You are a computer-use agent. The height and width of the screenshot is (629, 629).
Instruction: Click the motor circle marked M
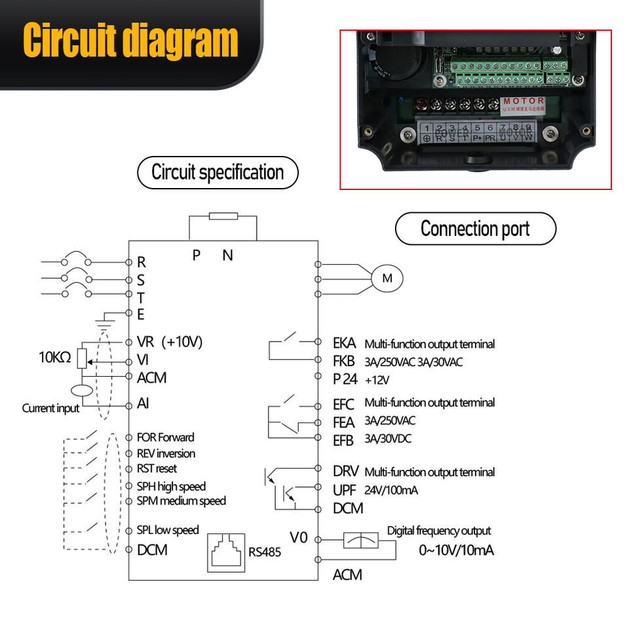(x=387, y=278)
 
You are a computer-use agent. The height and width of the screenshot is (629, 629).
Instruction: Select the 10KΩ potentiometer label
(x=55, y=358)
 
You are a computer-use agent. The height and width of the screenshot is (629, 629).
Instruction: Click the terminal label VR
(x=145, y=342)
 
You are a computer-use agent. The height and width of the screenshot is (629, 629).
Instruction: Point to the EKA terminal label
(x=344, y=343)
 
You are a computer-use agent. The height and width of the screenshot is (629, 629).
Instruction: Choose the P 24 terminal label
(x=345, y=378)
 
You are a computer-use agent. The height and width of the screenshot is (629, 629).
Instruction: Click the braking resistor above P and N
(x=223, y=216)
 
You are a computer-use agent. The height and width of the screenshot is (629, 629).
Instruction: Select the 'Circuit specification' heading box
(x=218, y=173)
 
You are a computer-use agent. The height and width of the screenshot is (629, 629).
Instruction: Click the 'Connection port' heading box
(x=475, y=229)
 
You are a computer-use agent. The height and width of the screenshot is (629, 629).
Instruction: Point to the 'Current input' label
(x=50, y=408)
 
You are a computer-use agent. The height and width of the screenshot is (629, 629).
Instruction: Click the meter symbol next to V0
(x=361, y=541)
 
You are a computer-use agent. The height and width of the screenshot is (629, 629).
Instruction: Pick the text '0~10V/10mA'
(x=456, y=550)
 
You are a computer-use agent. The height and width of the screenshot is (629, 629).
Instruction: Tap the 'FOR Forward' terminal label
(x=166, y=437)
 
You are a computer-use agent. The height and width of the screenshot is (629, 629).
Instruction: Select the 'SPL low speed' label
(x=168, y=530)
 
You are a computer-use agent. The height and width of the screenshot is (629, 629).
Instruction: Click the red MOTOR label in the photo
(x=524, y=101)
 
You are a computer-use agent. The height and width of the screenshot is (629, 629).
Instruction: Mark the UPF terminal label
(x=344, y=489)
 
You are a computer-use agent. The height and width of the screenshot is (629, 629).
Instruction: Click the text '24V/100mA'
(x=391, y=489)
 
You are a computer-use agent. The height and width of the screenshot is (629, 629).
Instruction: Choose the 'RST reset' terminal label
(x=157, y=468)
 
